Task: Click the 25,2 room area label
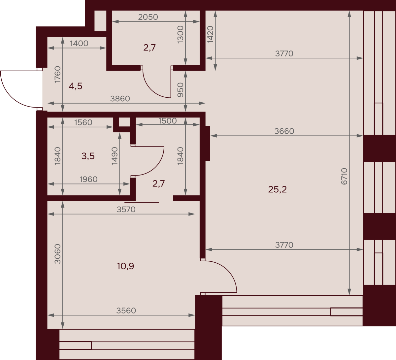pyautogui.click(x=277, y=189)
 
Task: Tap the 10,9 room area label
pyautogui.click(x=125, y=266)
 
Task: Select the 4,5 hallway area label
pyautogui.click(x=76, y=86)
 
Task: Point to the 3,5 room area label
pyautogui.click(x=88, y=156)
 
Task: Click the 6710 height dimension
pyautogui.click(x=344, y=176)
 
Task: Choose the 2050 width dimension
pyautogui.click(x=148, y=17)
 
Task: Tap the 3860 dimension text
pyautogui.click(x=120, y=99)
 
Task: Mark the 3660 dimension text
pyautogui.click(x=284, y=131)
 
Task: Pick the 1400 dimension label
pyautogui.click(x=79, y=44)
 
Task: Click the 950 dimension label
pyautogui.click(x=181, y=90)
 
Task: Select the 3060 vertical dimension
pyautogui.click(x=57, y=254)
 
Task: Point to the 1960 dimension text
pyautogui.click(x=88, y=179)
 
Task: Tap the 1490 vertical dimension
pyautogui.click(x=115, y=156)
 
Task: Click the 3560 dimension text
pyautogui.click(x=126, y=311)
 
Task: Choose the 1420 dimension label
pyautogui.click(x=210, y=34)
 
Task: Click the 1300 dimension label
pyautogui.click(x=181, y=35)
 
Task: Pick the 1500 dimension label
pyautogui.click(x=168, y=121)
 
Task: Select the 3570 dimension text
pyautogui.click(x=126, y=210)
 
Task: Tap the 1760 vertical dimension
pyautogui.click(x=57, y=75)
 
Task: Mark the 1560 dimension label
pyautogui.click(x=83, y=122)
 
